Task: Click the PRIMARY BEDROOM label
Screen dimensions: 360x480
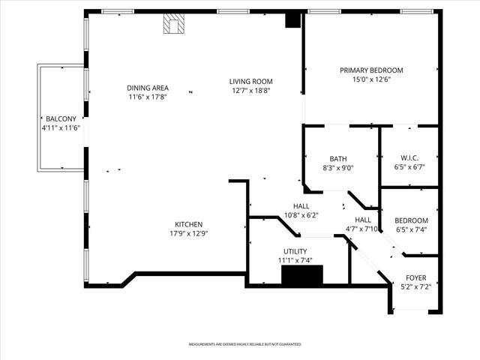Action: pos(371,70)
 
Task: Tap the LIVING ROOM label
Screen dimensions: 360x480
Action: pos(250,82)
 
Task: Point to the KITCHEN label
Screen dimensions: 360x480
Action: pos(188,224)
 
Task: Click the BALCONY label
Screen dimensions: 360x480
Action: pos(60,119)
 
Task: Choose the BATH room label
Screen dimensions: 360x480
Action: pos(338,159)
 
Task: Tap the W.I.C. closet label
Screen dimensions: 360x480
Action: pos(409,157)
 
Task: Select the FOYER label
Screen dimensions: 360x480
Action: pos(415,277)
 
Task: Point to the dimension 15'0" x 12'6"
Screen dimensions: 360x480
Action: pos(371,79)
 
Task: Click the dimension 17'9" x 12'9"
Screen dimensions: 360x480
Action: pos(188,233)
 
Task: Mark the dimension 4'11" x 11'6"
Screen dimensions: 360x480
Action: pos(60,128)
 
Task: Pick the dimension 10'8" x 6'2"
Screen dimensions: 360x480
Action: pos(301,215)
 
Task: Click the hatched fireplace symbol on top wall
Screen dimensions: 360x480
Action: pos(174,25)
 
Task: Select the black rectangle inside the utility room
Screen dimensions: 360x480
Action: pos(301,276)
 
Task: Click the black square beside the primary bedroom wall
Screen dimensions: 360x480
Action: pos(292,21)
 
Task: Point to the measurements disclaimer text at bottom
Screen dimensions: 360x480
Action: pos(244,344)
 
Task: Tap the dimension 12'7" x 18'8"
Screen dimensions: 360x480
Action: pos(250,91)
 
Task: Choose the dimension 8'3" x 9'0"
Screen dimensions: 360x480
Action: pos(338,168)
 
